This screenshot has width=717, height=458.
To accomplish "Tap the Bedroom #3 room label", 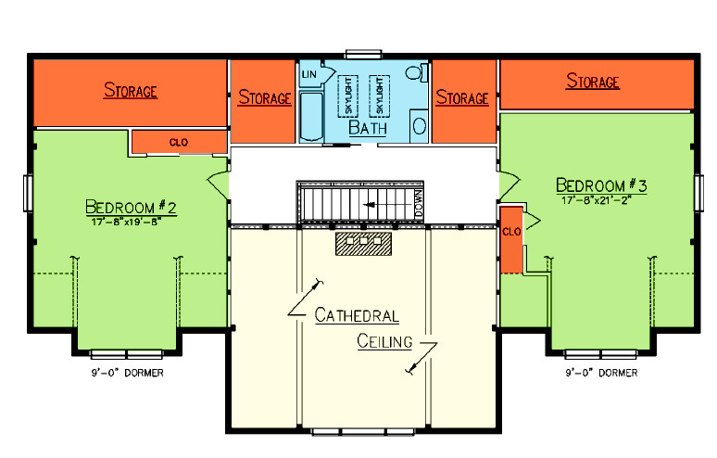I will coord(602,184).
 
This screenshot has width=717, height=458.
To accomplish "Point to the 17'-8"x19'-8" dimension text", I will coord(129,221).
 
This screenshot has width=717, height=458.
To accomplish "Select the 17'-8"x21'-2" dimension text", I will coord(602,199).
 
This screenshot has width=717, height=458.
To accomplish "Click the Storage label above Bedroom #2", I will coord(131,91).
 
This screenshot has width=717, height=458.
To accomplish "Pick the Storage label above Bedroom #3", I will coord(592,83).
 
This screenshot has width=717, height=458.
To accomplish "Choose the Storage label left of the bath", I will coord(265,97).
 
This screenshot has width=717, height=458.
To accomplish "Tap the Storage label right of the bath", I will coord(461,97).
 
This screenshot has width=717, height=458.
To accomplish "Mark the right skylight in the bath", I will coord(378,93).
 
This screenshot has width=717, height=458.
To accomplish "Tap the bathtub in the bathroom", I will coord(309,117).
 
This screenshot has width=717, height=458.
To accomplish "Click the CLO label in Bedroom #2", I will coord(179,142).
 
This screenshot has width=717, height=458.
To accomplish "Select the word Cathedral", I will coord(357,315).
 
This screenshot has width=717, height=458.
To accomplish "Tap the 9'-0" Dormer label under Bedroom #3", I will coord(601,373).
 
